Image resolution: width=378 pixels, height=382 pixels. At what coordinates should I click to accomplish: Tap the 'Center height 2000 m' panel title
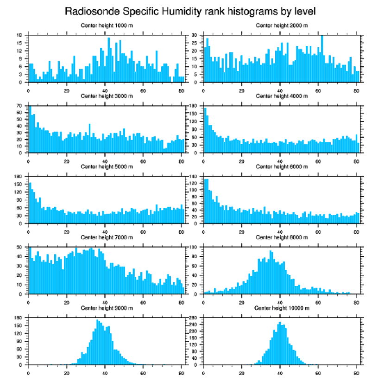(x=282, y=25)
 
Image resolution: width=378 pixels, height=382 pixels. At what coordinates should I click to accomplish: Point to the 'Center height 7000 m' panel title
(x=107, y=237)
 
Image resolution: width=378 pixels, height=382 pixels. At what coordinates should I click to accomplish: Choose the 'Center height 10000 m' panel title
(x=282, y=308)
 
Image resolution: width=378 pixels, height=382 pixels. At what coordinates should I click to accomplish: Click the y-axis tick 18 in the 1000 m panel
(x=19, y=35)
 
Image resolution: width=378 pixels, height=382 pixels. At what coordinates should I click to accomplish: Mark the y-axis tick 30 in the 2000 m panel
(x=195, y=35)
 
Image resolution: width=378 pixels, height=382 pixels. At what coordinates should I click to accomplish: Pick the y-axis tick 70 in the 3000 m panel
(x=19, y=106)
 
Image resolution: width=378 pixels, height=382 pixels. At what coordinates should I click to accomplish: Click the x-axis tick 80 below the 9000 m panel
(x=181, y=371)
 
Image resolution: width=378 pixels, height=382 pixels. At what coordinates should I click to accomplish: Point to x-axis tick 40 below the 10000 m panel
(x=280, y=371)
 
